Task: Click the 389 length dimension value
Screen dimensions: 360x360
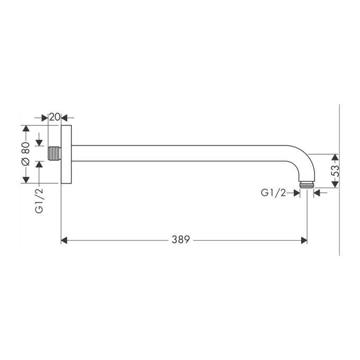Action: point(181,240)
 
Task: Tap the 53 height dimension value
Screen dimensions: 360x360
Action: point(336,171)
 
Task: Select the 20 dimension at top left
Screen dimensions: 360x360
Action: point(55,117)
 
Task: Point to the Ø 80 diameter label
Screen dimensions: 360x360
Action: point(25,154)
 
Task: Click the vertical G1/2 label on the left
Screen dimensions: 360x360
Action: point(39,201)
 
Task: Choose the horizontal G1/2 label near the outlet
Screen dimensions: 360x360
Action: point(274,193)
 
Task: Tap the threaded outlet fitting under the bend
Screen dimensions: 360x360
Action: point(307,185)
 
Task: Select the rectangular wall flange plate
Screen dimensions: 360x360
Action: point(66,154)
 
